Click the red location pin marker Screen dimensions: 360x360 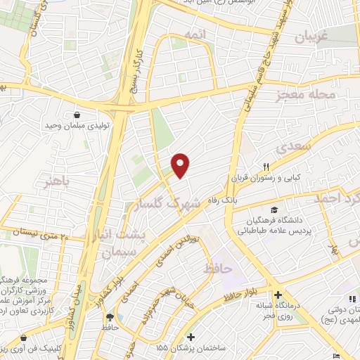[x=181, y=165]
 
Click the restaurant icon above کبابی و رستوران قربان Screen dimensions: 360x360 [x=266, y=167]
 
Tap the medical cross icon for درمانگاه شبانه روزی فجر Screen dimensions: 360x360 [x=278, y=295]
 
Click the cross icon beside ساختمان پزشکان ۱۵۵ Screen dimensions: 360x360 [x=192, y=335]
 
